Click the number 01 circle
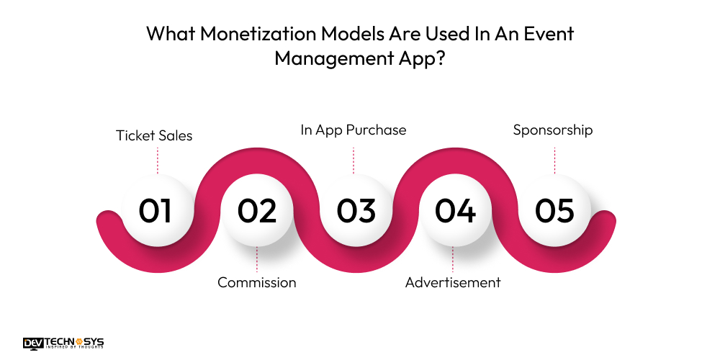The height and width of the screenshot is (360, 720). pos(156,211)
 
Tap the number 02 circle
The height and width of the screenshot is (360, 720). pos(257,211)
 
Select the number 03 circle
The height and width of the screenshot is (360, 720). pos(356,211)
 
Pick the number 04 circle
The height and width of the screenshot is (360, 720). pos(455,211)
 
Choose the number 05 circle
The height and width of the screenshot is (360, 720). pos(554,211)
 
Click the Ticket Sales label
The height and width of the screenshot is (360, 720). pos(154,135)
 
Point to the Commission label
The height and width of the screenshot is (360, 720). pos(257,282)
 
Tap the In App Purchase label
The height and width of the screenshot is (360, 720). pos(354,130)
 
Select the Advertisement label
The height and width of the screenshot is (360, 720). pos(453,282)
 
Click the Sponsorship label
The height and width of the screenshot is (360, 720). pos(553,130)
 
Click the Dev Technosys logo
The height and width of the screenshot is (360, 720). pos(63,343)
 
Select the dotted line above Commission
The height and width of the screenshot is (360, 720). pos(257,259)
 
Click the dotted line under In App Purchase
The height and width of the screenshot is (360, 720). pos(354,160)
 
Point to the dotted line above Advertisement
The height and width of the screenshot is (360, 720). pos(453,259)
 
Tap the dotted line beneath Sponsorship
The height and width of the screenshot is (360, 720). pos(554,160)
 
